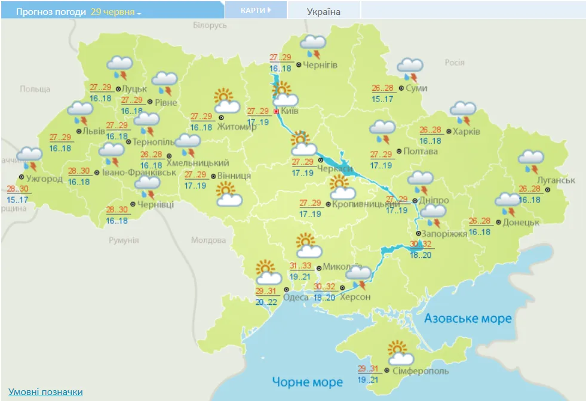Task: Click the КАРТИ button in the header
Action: (256, 10)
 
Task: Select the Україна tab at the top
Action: (324, 11)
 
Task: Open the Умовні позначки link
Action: (45, 392)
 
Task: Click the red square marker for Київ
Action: (276, 112)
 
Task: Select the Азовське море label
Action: (468, 319)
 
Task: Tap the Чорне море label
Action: (307, 381)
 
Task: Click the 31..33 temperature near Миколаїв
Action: (300, 266)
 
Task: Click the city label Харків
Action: (467, 131)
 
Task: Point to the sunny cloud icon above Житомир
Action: (225, 101)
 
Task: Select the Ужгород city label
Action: (44, 178)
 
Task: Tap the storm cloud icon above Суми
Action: (410, 69)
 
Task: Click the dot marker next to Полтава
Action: (398, 151)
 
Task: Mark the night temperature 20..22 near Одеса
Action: (266, 302)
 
